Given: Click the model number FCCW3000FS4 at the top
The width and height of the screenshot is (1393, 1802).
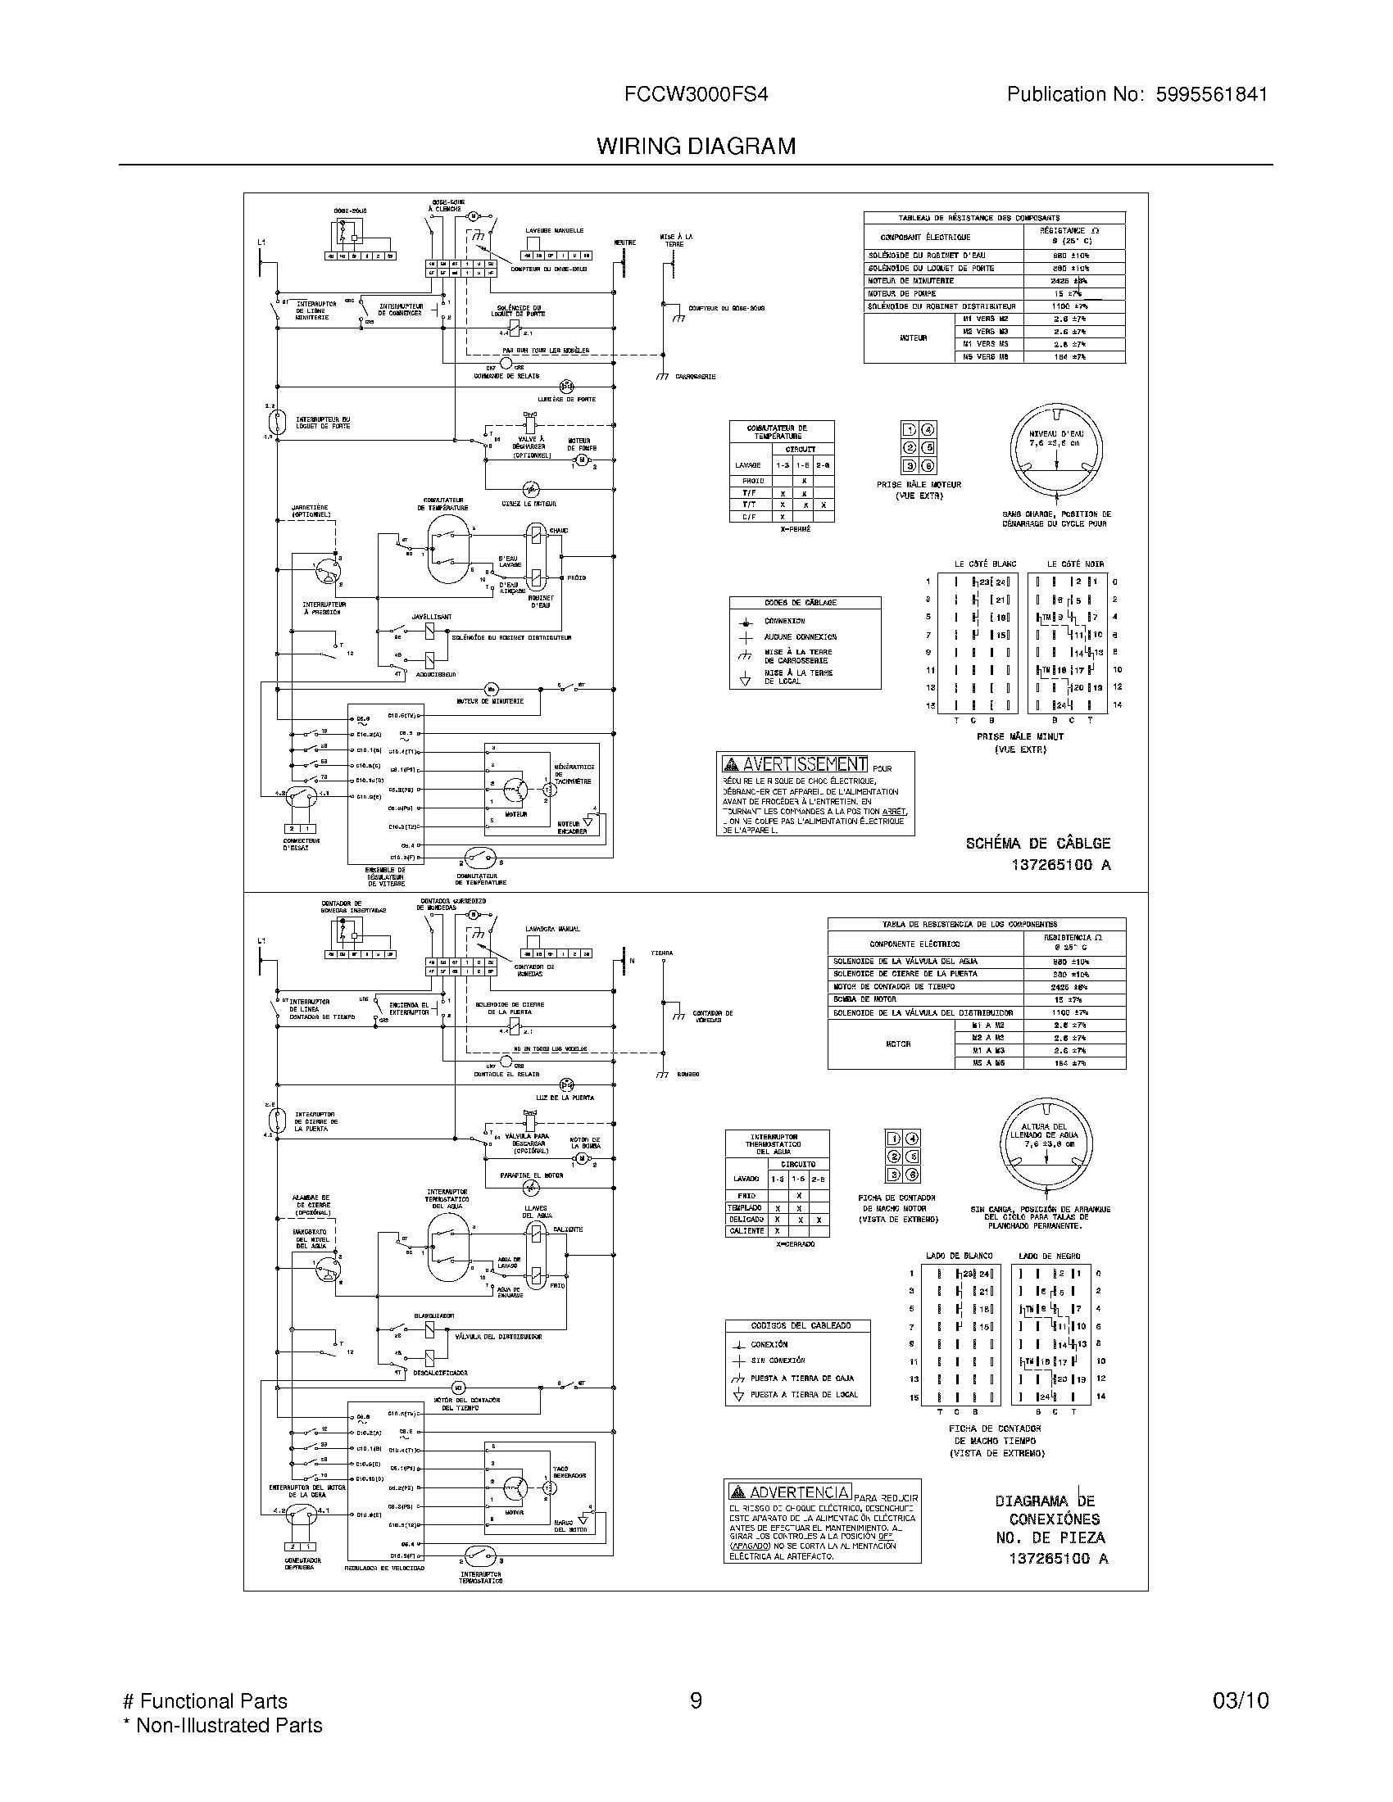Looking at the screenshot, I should pos(696,95).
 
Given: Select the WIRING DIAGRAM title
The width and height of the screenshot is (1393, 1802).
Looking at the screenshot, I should pos(696,146).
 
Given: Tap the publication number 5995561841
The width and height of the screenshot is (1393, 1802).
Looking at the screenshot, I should pos(1210,95).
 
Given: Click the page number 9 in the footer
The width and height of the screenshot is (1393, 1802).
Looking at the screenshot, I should pos(696,1700).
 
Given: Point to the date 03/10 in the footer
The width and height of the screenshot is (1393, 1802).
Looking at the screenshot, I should pos(1241,1700).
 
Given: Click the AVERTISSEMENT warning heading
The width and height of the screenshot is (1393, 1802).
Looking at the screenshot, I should pos(795,764).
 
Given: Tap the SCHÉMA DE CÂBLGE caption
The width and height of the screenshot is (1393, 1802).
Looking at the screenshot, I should pos(1037,843).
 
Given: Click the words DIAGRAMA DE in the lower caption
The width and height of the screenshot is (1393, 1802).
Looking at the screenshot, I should pos(1044,1501).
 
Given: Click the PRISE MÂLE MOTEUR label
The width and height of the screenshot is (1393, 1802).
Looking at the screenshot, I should pos(919,485).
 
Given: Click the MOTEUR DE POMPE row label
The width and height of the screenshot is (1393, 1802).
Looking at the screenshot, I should pos(901,294).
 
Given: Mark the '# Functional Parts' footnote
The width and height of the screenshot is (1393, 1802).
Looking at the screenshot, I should pos(205,1700).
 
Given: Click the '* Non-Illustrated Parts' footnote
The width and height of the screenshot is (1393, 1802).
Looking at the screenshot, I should pos(222,1725).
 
